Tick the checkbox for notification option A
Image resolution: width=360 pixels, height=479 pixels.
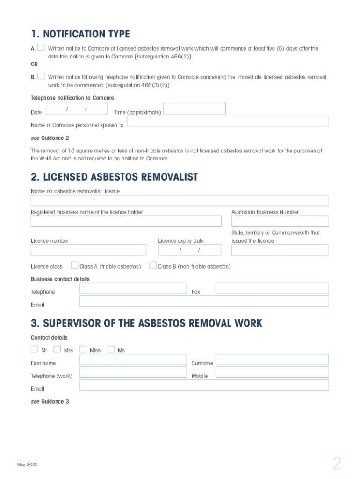tap(41, 47)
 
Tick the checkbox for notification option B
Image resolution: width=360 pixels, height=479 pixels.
tap(41, 76)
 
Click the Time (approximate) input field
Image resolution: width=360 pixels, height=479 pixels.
tap(194, 109)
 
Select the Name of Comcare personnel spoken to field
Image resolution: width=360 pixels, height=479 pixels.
tap(228, 122)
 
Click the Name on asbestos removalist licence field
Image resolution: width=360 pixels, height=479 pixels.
tap(180, 200)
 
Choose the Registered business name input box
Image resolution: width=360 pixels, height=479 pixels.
tap(126, 221)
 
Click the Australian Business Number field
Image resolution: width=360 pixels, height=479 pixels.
tap(280, 221)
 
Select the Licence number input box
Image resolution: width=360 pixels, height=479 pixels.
tap(88, 250)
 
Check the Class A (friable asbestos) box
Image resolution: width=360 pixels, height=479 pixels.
tap(74, 265)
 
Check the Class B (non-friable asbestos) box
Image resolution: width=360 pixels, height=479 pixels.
tap(153, 265)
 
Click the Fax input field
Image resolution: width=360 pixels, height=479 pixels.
tap(272, 288)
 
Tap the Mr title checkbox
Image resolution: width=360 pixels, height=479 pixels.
tap(34, 349)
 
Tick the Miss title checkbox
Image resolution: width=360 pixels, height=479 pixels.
tap(83, 349)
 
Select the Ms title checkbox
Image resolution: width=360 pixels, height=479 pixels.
tap(111, 349)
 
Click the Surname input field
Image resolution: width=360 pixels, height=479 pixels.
tap(272, 359)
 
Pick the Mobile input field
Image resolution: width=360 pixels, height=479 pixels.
tap(272, 372)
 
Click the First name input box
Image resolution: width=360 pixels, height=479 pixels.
tap(133, 359)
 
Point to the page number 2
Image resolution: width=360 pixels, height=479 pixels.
tap(337, 464)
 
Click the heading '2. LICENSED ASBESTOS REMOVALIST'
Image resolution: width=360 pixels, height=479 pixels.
tap(115, 177)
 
